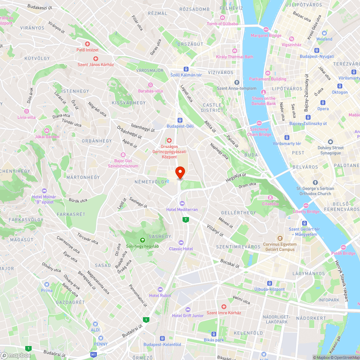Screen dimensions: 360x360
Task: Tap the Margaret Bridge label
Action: click(266, 36)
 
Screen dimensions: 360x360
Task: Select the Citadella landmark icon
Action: click(270, 197)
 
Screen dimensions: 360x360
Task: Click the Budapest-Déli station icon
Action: click(180, 120)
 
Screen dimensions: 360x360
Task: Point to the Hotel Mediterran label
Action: click(182, 210)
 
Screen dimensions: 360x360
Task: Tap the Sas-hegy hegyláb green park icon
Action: click(143, 240)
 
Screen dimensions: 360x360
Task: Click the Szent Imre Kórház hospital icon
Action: click(224, 307)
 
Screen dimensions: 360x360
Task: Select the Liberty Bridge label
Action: click(306, 211)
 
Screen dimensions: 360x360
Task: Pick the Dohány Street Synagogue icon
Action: click(330, 141)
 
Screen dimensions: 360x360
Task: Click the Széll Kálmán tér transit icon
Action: click(186, 69)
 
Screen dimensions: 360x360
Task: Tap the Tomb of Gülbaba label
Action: click(222, 24)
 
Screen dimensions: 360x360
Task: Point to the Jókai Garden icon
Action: click(47, 130)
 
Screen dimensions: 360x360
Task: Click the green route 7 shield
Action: click(185, 219)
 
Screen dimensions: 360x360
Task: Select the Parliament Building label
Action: click(268, 79)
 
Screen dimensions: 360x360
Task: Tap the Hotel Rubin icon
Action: click(161, 289)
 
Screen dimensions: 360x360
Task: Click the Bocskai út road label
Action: click(230, 264)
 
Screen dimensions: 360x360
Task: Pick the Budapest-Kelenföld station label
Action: click(162, 345)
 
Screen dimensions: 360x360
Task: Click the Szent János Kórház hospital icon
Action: click(96, 58)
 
